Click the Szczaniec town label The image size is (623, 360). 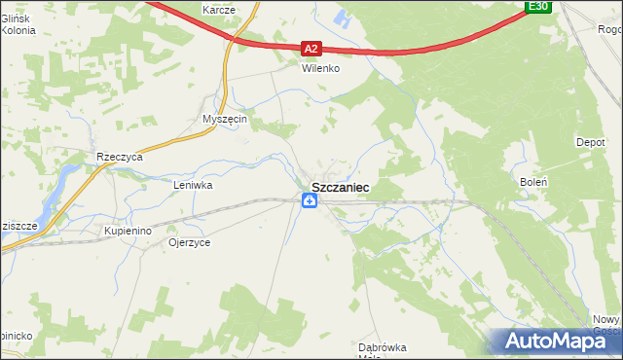click(340, 186)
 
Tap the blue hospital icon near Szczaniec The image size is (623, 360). click(309, 201)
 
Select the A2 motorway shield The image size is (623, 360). click(310, 47)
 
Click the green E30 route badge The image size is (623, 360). click(538, 7)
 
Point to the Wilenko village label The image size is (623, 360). click(318, 70)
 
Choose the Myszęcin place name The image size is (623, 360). click(226, 119)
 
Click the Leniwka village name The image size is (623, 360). click(193, 184)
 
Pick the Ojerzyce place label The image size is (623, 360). click(189, 242)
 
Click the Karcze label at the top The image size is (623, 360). click(219, 9)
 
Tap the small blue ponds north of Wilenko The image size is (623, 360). click(342, 16)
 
